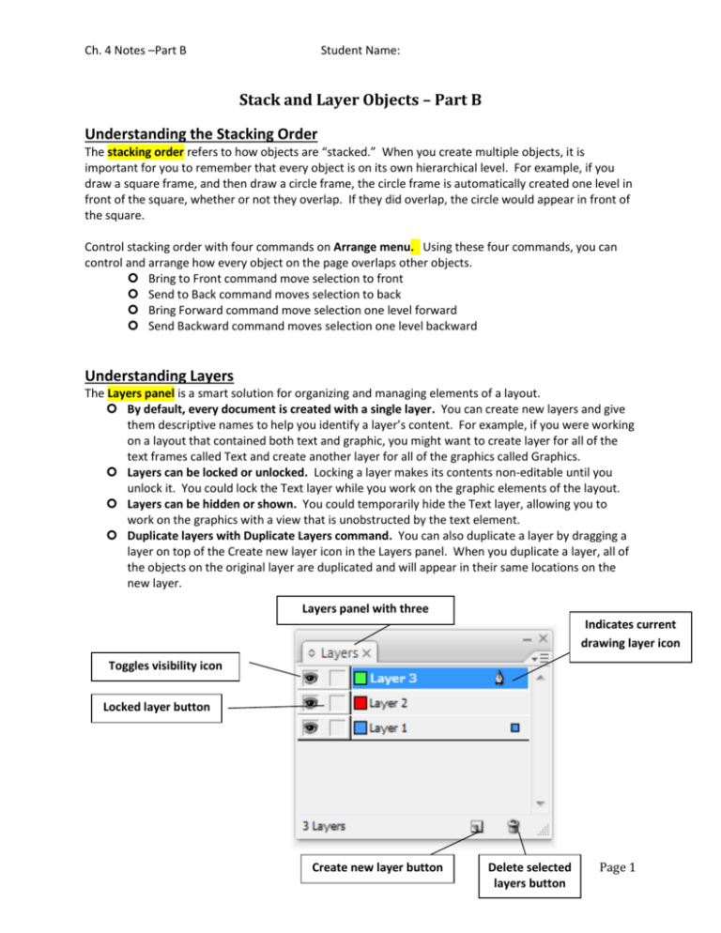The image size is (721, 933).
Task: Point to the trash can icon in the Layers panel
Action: [513, 827]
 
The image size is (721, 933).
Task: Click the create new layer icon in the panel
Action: [476, 828]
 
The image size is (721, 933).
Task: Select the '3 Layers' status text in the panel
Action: [323, 827]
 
